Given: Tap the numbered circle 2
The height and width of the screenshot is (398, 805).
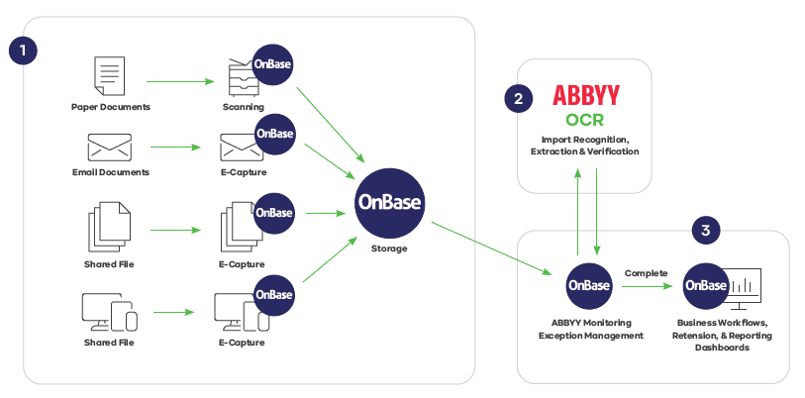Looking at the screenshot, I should click(x=517, y=97).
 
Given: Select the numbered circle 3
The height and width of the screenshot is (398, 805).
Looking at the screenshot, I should click(x=704, y=231).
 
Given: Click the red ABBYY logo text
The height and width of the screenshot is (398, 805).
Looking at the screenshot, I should click(x=586, y=96).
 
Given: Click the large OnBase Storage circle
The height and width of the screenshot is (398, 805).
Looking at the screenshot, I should click(x=389, y=201).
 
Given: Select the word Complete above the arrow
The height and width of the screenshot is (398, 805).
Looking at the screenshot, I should click(x=646, y=273).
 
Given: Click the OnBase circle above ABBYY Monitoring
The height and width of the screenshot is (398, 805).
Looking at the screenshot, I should click(x=587, y=285).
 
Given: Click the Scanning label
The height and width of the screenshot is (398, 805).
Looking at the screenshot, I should click(x=243, y=106).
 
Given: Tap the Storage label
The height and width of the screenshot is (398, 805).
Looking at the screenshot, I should click(x=388, y=249).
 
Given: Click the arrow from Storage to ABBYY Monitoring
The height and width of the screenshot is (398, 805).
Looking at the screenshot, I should click(x=491, y=249).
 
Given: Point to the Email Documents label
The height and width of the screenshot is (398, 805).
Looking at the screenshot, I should click(x=110, y=172).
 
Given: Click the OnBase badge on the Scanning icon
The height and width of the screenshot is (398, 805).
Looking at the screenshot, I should click(x=273, y=65).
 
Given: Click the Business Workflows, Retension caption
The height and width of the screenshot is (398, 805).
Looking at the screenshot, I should click(x=724, y=330).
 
